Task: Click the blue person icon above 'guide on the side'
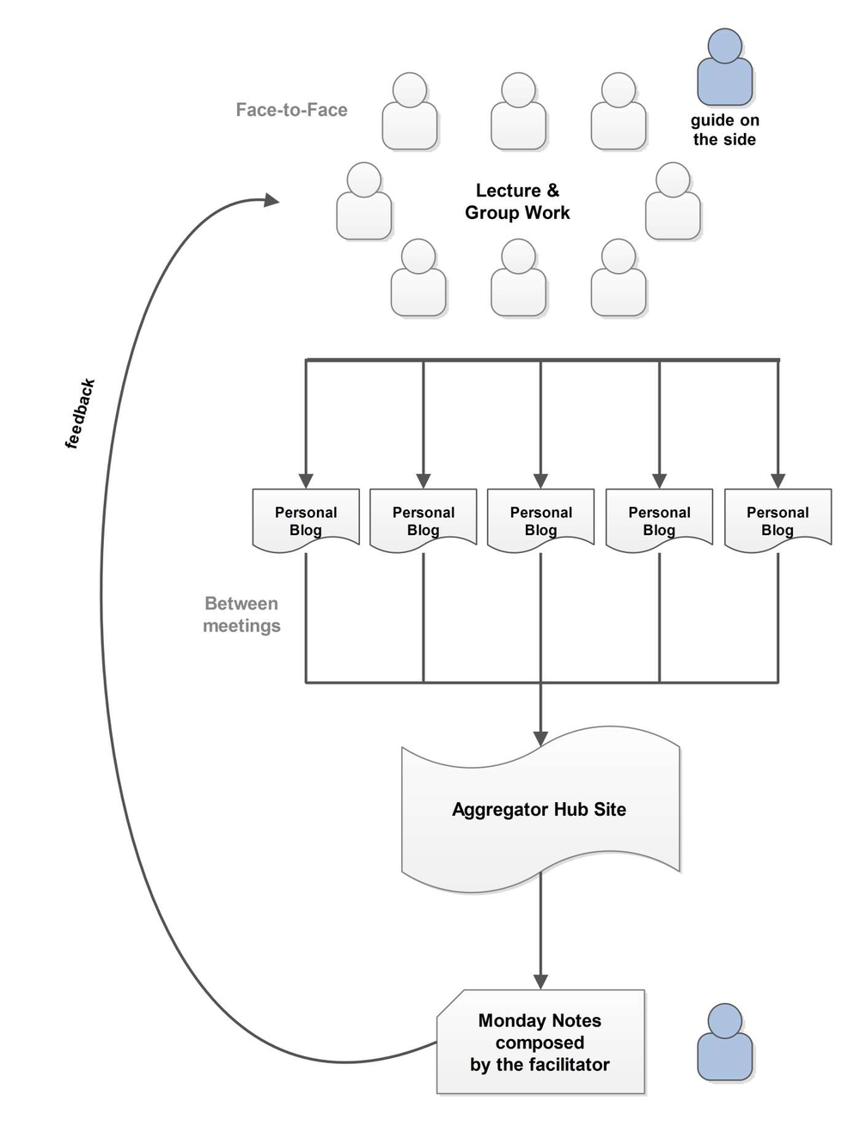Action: pyautogui.click(x=725, y=68)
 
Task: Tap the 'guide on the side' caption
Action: pyautogui.click(x=725, y=130)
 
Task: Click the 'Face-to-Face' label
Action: pyautogui.click(x=291, y=110)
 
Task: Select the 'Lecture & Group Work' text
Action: pyautogui.click(x=517, y=202)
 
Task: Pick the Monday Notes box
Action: pyautogui.click(x=540, y=1042)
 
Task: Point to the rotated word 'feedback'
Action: pyautogui.click(x=80, y=414)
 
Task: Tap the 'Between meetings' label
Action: pyautogui.click(x=241, y=615)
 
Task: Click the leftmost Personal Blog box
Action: pyautogui.click(x=306, y=520)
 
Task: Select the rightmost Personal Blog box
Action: pyautogui.click(x=778, y=520)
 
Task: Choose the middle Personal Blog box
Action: pyautogui.click(x=540, y=520)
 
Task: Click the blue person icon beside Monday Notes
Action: pyautogui.click(x=725, y=1043)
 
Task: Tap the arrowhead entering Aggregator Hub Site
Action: pyautogui.click(x=540, y=738)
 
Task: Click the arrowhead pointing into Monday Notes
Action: pyautogui.click(x=540, y=981)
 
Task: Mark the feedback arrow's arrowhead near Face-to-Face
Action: pyautogui.click(x=271, y=200)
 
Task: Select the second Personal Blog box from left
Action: pyautogui.click(x=424, y=520)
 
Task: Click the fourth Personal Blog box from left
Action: pyautogui.click(x=659, y=520)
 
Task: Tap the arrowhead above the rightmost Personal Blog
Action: pyautogui.click(x=778, y=481)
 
